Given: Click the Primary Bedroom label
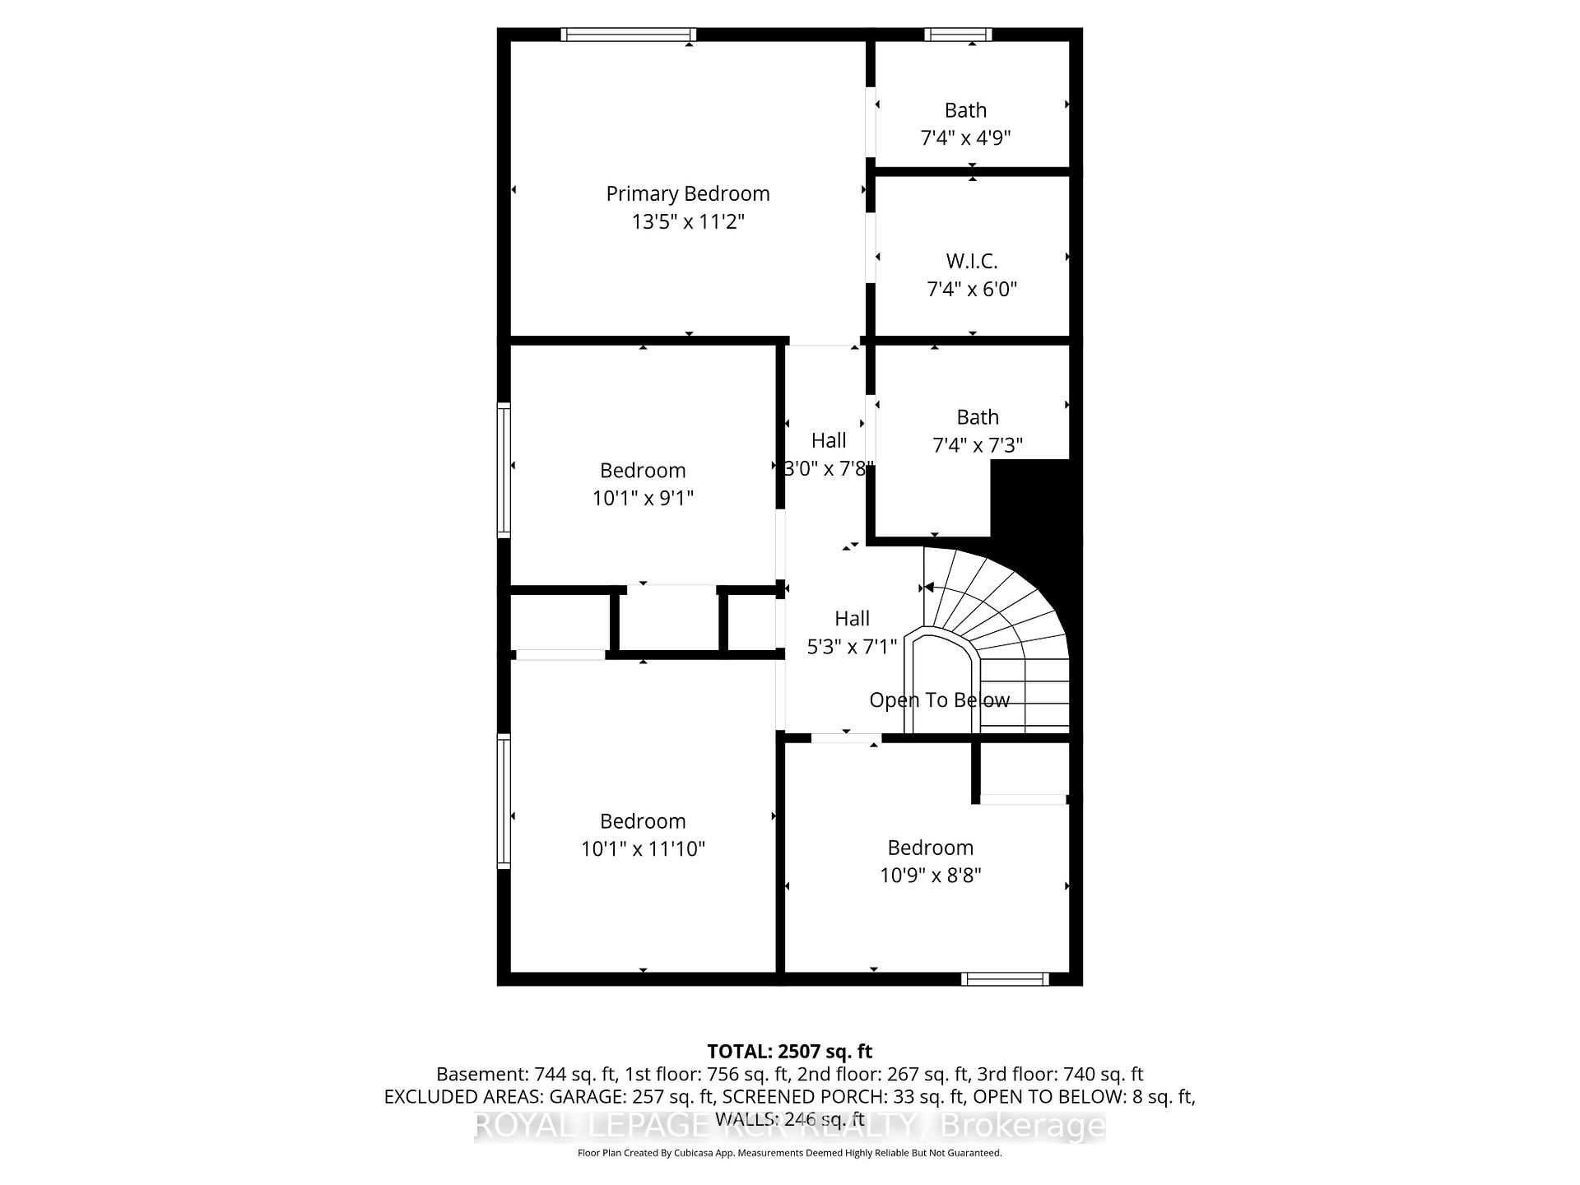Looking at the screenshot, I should click(688, 193).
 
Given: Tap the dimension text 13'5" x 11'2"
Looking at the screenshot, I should click(688, 221).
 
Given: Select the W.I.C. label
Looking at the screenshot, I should click(972, 262).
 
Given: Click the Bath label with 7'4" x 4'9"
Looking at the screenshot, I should click(965, 110).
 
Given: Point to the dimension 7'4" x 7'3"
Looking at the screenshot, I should click(977, 445).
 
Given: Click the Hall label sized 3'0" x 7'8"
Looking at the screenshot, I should click(828, 440).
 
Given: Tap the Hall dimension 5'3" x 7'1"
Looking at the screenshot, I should click(852, 647).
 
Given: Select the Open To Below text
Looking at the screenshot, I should click(939, 700).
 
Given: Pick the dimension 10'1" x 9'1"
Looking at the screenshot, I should click(643, 499).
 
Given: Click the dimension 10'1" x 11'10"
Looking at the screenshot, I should click(643, 848).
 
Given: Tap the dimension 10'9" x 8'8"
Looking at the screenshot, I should click(930, 875).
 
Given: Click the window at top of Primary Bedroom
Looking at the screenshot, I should click(629, 35).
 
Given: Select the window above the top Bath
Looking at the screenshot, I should click(957, 35).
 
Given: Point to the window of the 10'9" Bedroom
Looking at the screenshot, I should click(1005, 978).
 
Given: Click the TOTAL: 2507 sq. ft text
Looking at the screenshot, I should click(789, 1051).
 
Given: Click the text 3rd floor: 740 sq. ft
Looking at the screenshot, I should click(1060, 1074).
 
